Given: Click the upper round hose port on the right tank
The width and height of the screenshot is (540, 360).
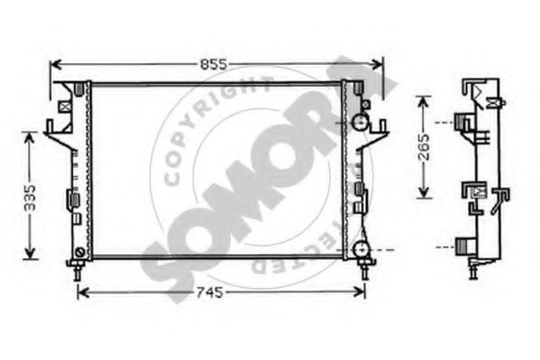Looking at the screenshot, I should pyautogui.click(x=360, y=121).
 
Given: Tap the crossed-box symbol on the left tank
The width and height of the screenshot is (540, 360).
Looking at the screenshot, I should pyautogui.click(x=64, y=105).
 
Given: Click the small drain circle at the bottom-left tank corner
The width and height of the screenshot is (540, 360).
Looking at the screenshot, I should pyautogui.click(x=80, y=250).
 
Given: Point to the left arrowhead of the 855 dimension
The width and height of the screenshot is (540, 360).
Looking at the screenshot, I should pyautogui.click(x=53, y=64).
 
